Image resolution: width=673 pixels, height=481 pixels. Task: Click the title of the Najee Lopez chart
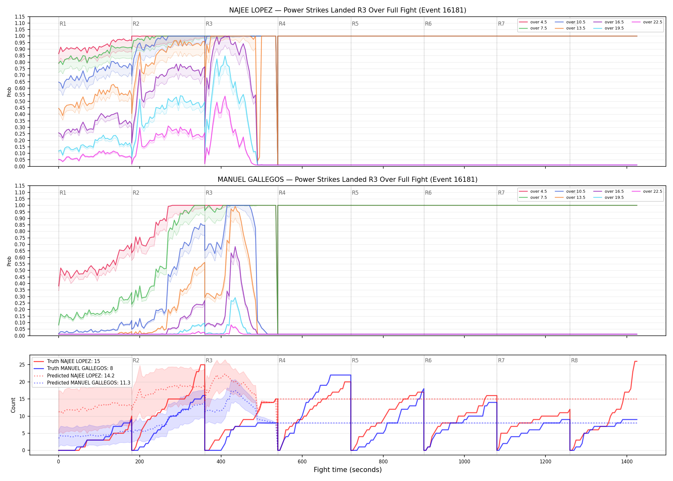(x=347, y=10)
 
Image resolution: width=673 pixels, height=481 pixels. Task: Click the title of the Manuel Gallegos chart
(x=347, y=180)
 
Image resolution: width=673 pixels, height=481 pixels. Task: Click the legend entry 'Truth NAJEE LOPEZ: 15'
(x=67, y=361)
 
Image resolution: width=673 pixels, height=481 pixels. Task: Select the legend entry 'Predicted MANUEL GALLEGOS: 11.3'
(x=82, y=383)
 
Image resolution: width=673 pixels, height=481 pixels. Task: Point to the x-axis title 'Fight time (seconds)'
(x=348, y=470)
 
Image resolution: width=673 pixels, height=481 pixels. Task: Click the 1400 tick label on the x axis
(x=627, y=462)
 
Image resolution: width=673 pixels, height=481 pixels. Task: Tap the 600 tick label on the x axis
(x=302, y=462)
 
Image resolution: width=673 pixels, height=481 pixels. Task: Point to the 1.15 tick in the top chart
(x=20, y=17)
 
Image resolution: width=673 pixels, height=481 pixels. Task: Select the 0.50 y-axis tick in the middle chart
(x=20, y=270)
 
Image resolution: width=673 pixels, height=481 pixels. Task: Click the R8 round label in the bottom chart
(x=574, y=360)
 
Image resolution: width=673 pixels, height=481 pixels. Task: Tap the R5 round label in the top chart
(x=355, y=24)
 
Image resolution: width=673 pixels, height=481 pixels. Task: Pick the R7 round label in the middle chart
(x=501, y=193)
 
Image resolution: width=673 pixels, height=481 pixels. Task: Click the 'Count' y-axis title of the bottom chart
(x=13, y=405)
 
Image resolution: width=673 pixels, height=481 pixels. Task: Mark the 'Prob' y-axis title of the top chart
(x=9, y=92)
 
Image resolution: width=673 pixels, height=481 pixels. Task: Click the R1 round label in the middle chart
(x=63, y=193)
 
